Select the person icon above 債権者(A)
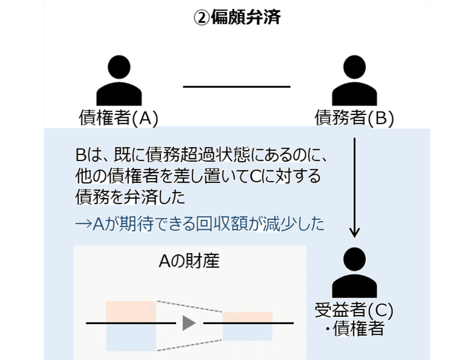click(118, 81)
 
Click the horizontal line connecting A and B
click(236, 87)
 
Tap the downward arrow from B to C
click(354, 185)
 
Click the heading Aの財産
click(189, 262)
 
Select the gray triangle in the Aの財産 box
click(189, 323)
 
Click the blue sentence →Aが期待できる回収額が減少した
click(200, 224)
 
